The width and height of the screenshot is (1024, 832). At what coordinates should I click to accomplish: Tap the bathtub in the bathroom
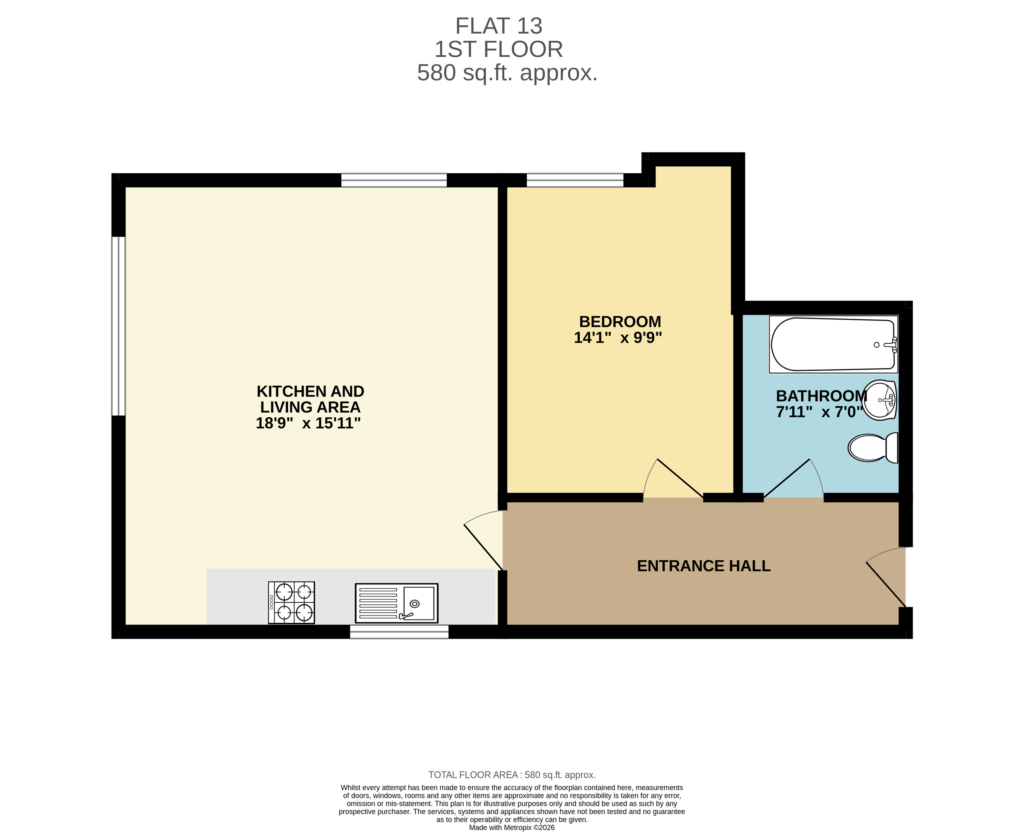coord(833,344)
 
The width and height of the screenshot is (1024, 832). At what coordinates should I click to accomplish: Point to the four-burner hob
coord(291,602)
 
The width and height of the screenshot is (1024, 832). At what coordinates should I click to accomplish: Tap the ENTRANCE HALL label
coord(703,566)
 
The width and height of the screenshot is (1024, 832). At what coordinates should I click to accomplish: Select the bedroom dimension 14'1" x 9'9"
coord(618,338)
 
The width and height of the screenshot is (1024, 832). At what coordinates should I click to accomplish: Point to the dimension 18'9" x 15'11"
coord(308,423)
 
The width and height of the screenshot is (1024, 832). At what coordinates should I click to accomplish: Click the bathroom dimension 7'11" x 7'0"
coord(819,412)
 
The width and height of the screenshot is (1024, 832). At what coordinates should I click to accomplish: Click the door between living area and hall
coord(484,542)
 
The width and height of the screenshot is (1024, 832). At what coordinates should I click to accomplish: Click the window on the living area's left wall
coord(119,326)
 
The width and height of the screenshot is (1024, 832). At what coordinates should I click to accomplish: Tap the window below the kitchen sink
coord(399,632)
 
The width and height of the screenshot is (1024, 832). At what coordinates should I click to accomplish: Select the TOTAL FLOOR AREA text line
coord(512,775)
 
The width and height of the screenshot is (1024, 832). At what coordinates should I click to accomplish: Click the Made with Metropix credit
coord(512,828)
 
